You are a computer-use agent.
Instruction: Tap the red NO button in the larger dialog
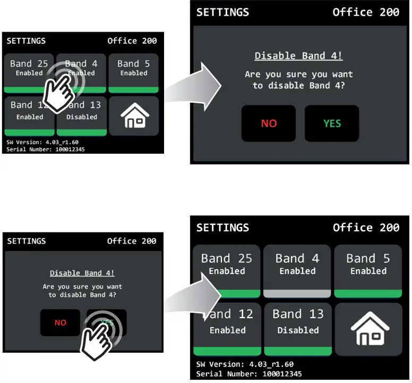[x=269, y=123]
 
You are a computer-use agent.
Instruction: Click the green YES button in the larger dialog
[x=332, y=123]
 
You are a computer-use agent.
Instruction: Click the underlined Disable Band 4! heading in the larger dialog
[x=298, y=56]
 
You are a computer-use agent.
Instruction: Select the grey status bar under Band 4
[x=297, y=293]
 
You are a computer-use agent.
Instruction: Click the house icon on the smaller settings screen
[x=133, y=115]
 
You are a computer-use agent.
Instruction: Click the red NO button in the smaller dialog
[x=60, y=322]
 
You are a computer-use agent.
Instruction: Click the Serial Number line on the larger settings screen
[x=248, y=374]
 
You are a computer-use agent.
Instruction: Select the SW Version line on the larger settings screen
[x=244, y=364]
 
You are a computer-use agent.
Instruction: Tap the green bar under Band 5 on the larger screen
[x=368, y=293]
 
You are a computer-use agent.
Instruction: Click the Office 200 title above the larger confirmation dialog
[x=366, y=12]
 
